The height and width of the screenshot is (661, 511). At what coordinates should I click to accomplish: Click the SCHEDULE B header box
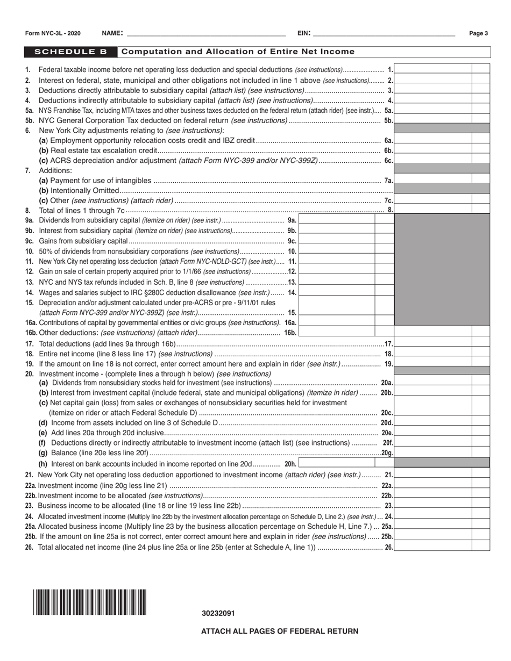(x=70, y=52)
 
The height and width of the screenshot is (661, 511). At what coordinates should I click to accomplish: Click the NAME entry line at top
(x=204, y=33)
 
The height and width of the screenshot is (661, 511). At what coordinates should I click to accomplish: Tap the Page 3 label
(x=478, y=33)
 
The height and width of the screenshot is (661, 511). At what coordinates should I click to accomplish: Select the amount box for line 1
(x=433, y=69)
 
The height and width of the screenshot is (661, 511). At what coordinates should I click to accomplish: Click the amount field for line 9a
(x=336, y=220)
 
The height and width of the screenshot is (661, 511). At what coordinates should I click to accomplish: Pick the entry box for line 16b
(x=336, y=333)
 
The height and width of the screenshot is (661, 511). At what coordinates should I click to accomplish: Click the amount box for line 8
(x=433, y=210)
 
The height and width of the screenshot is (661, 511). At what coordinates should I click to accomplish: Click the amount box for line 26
(x=433, y=547)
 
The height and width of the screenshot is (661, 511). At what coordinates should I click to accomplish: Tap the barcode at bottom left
(x=89, y=602)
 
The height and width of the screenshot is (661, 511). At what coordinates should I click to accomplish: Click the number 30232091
(x=218, y=613)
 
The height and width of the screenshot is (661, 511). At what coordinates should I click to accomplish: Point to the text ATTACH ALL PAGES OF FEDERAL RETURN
(x=279, y=631)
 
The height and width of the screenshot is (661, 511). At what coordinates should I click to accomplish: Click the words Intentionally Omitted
(x=84, y=190)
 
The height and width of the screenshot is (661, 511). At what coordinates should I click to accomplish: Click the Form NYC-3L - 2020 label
(x=53, y=33)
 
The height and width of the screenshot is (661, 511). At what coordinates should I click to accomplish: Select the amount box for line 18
(x=433, y=354)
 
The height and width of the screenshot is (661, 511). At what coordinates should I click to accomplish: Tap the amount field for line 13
(x=336, y=282)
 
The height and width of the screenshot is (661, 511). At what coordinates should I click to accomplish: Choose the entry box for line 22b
(x=433, y=495)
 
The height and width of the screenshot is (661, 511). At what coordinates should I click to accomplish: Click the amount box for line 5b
(x=433, y=120)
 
